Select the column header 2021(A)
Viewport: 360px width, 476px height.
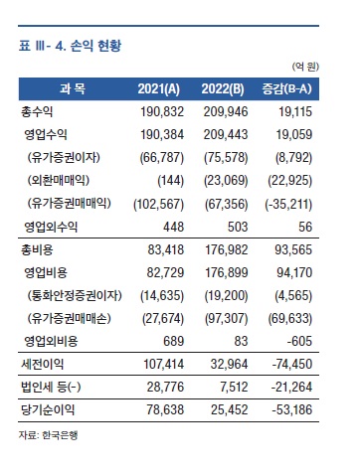point(161,89)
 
